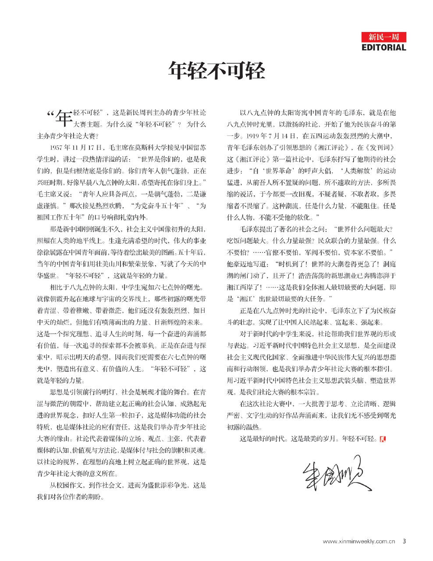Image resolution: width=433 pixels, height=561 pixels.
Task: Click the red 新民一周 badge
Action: [x=384, y=37]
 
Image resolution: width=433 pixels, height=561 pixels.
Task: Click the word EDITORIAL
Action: [x=384, y=47]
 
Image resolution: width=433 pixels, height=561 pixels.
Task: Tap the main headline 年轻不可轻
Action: [x=216, y=70]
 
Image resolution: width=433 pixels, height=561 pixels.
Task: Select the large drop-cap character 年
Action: [x=63, y=117]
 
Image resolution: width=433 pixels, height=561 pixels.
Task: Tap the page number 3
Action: [x=404, y=541]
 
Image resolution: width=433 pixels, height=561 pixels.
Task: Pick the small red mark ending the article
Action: [x=383, y=439]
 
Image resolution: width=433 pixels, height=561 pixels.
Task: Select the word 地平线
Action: [x=91, y=241]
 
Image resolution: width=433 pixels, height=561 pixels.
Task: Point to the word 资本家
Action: [x=358, y=252]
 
